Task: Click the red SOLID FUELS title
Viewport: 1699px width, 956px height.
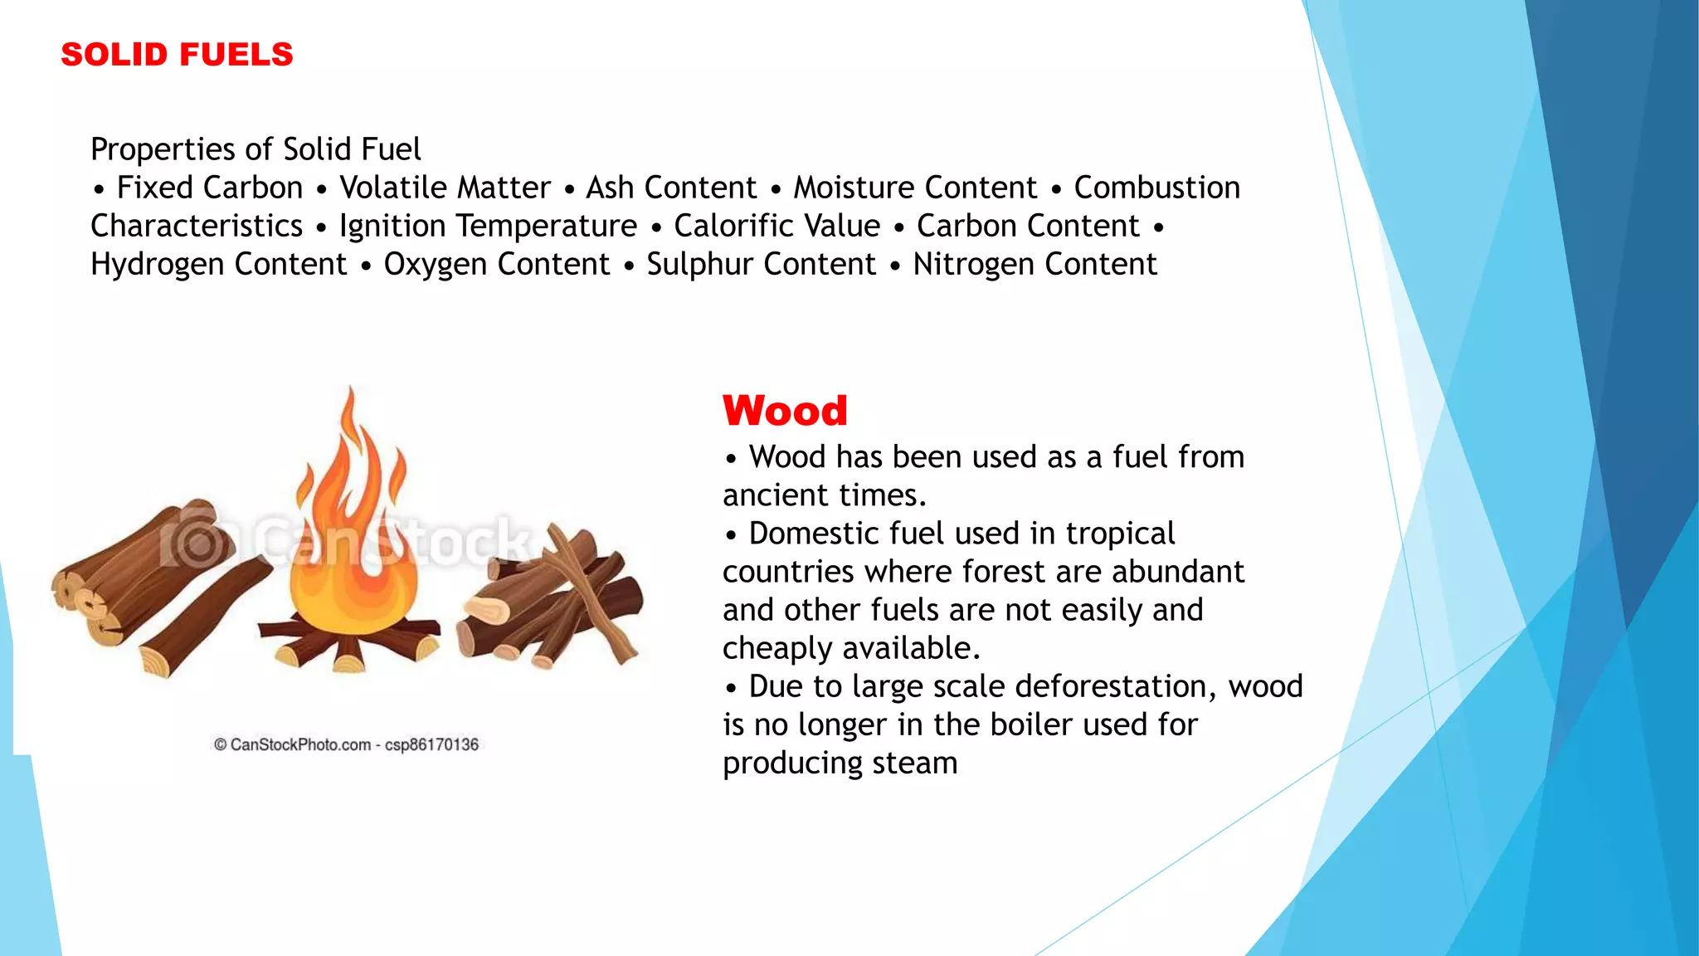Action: (177, 55)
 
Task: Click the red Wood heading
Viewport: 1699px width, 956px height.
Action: (785, 411)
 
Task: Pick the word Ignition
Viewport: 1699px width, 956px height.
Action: (392, 227)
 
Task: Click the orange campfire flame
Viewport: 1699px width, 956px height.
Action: (353, 539)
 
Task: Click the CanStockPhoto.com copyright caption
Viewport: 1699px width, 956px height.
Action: (347, 744)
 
